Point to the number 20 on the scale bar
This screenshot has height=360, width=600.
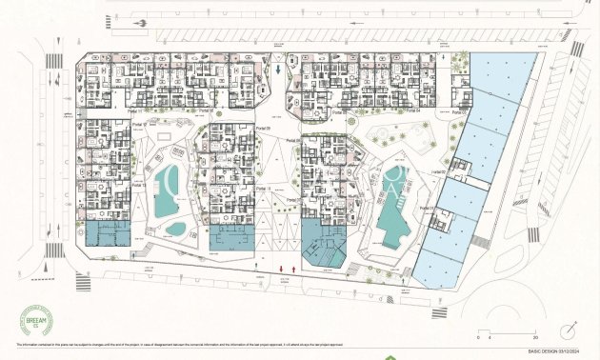[x=535, y=336]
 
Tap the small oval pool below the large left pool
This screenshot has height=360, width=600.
[x=177, y=229]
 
